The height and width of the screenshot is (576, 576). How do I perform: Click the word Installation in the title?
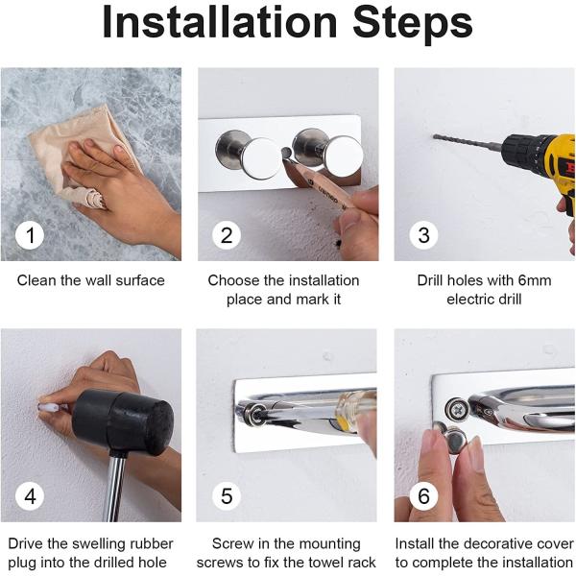coord(219,23)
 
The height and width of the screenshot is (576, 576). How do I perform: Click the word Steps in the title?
coord(413,23)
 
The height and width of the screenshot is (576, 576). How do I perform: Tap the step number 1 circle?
coord(30,235)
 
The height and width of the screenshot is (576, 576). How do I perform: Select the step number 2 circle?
coord(227,235)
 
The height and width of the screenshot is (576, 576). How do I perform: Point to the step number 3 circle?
coord(423,235)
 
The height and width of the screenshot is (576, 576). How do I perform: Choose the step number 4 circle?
coord(30,496)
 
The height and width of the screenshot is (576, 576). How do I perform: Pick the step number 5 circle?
coord(227,496)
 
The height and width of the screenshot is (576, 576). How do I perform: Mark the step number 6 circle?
coord(423,496)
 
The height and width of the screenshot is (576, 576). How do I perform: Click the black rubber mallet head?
coord(123,422)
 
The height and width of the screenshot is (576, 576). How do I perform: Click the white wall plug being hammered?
coord(47,407)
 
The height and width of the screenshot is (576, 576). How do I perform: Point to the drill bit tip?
coord(434,136)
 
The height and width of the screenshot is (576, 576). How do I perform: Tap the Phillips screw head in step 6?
coord(457,409)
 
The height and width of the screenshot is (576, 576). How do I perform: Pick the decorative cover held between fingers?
coord(454,440)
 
